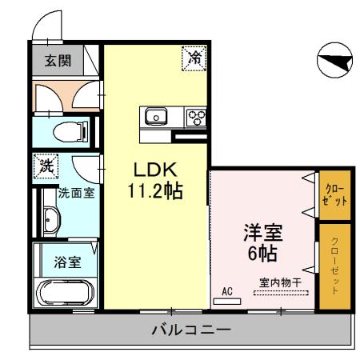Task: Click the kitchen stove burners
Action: (195, 117)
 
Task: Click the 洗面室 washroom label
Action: (77, 193)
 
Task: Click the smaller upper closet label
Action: (334, 195)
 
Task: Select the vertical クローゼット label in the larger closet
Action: (334, 268)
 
